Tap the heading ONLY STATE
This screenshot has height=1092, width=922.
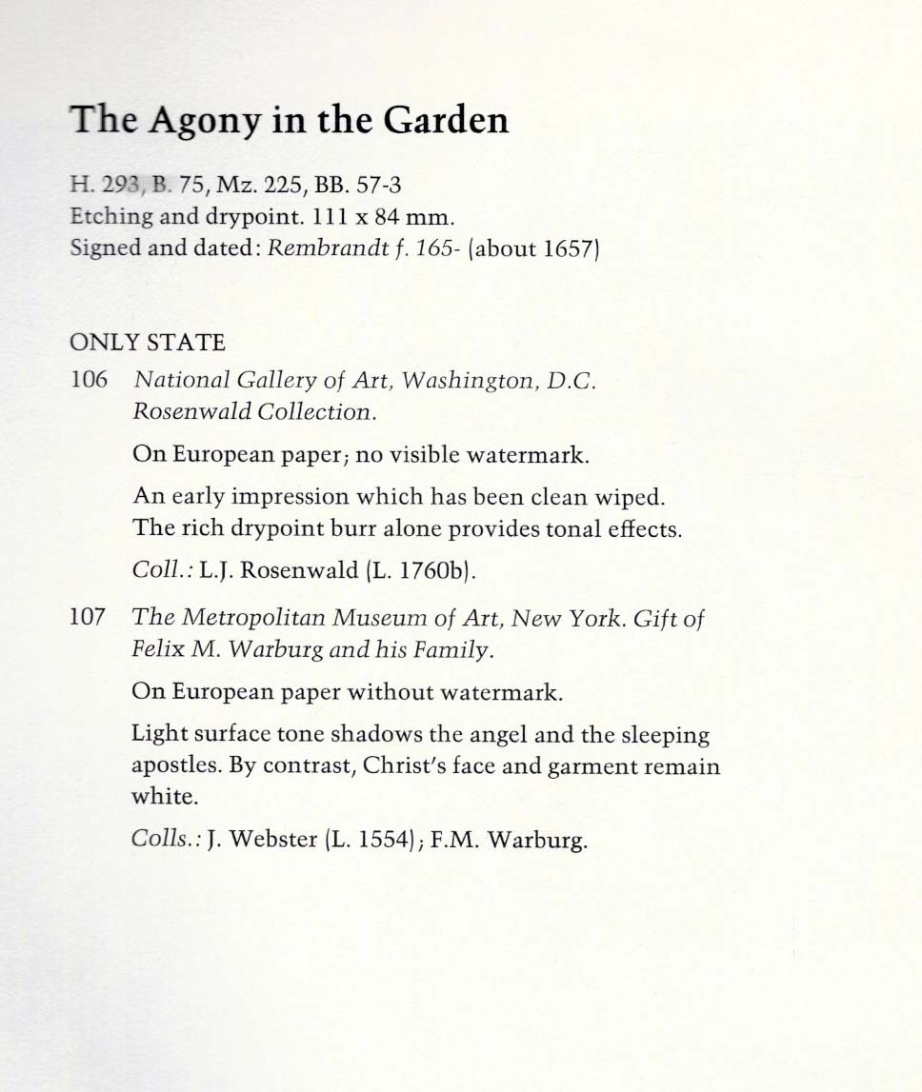point(148,342)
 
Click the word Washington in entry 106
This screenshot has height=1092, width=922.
point(462,381)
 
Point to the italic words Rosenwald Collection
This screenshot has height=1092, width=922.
point(251,412)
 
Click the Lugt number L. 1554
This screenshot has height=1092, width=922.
point(368,841)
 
